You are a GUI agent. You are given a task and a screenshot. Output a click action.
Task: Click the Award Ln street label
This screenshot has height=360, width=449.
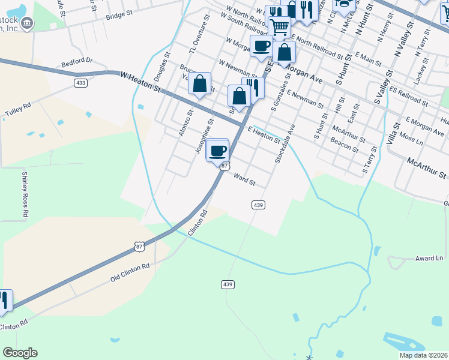click(x=429, y=259)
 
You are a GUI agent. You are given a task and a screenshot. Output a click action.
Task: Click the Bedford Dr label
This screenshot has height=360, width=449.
click(x=77, y=61)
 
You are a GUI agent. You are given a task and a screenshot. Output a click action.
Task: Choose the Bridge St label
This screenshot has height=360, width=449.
click(x=119, y=14)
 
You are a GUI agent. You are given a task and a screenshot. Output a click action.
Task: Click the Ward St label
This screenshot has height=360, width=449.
click(x=244, y=178)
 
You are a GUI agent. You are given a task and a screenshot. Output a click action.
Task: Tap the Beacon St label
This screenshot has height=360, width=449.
click(x=344, y=145)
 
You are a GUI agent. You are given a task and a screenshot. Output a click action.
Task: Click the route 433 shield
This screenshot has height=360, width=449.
click(x=80, y=82)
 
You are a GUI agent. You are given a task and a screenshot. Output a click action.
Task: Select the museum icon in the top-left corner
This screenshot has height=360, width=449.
click(x=26, y=23)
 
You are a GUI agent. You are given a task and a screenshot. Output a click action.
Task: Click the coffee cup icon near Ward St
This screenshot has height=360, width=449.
click(x=218, y=150)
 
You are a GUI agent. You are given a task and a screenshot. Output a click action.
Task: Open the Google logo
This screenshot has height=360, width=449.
click(x=20, y=353)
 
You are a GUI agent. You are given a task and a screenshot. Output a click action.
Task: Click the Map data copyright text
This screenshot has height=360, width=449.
click(x=423, y=355)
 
